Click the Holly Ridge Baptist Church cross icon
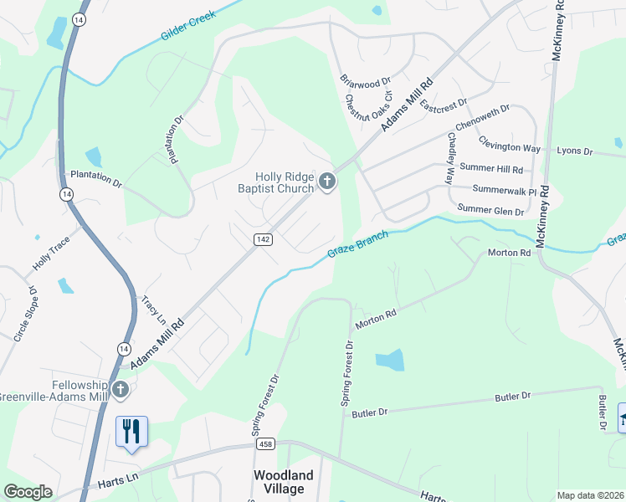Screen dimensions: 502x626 click(x=326, y=181)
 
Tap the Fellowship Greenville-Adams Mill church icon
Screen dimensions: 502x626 click(x=121, y=389)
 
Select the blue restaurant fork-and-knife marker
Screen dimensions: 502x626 click(x=131, y=432)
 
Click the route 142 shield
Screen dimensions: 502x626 click(x=260, y=239)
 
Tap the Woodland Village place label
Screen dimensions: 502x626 click(x=284, y=482)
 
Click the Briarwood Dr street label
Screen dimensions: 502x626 click(x=366, y=81)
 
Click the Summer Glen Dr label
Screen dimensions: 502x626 click(x=490, y=210)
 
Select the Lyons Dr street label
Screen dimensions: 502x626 click(x=574, y=151)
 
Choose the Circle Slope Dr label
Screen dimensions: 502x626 click(x=25, y=315)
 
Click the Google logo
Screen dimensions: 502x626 click(x=28, y=492)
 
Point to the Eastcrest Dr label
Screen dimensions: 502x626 click(x=443, y=106)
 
